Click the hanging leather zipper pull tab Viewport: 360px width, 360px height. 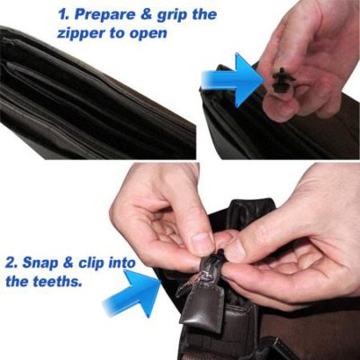(x=195, y=309)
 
